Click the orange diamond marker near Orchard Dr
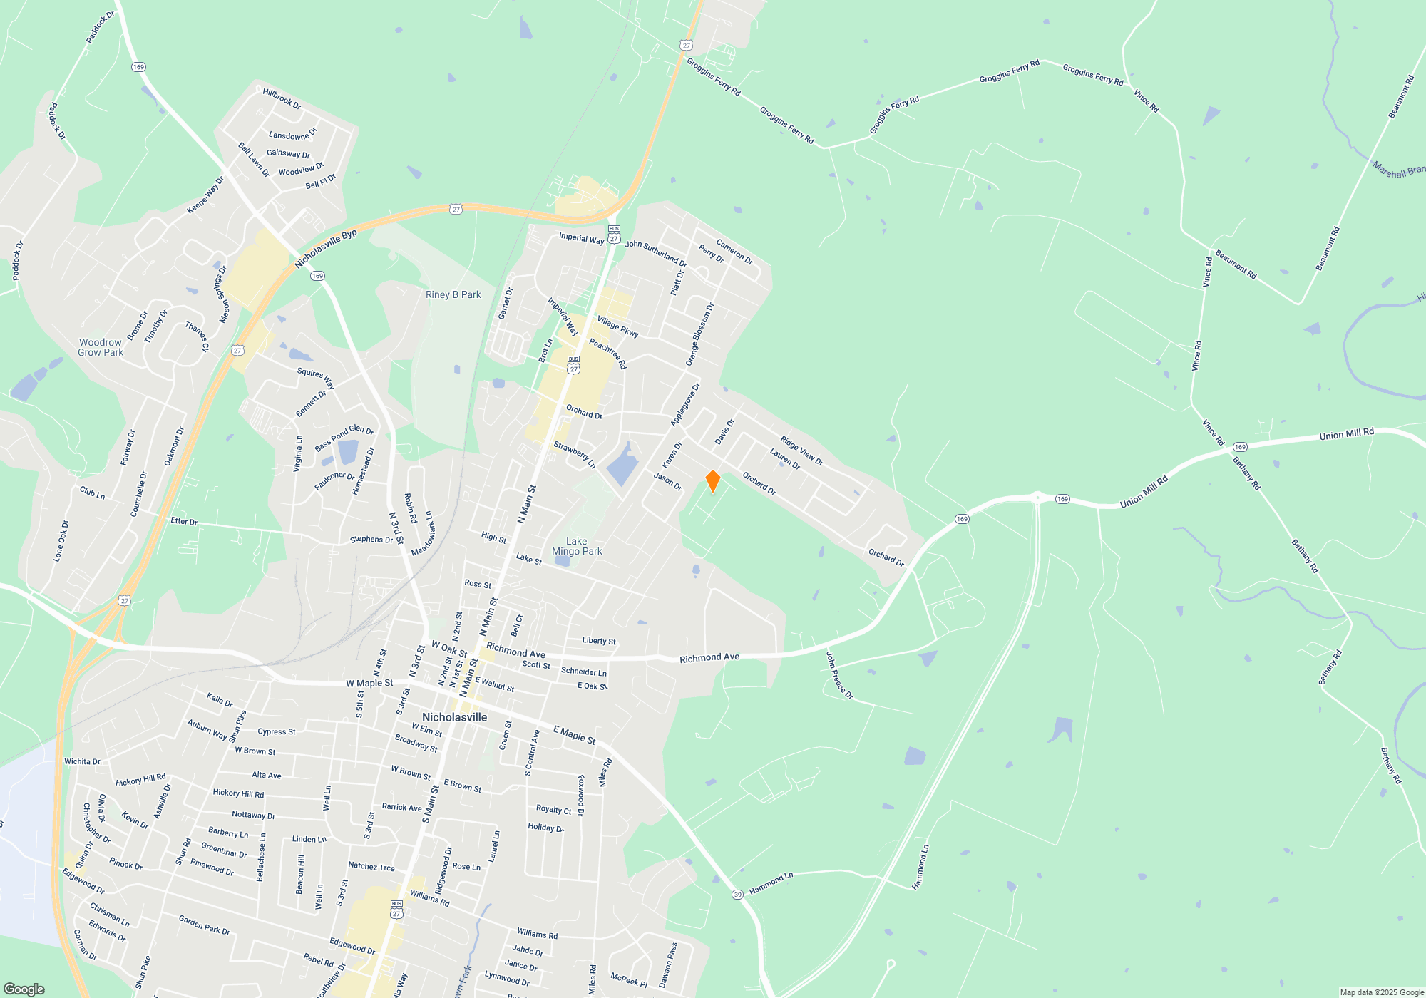coord(712,481)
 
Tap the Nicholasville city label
coord(454,717)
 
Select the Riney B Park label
coord(453,294)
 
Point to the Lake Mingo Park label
coord(577,547)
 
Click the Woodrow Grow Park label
coord(101,347)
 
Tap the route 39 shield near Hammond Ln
coord(737,894)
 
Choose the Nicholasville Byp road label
coord(326,249)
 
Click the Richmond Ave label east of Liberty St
coord(709,658)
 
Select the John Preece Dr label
coord(839,674)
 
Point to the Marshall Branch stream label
coord(1398,170)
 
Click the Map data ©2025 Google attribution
coord(1382,992)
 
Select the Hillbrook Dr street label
coord(282,98)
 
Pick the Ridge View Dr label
coord(801,451)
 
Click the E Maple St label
coord(574,734)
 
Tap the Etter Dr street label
coord(183,521)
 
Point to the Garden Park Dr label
coord(204,925)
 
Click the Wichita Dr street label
coord(82,761)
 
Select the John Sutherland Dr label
coord(656,252)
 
